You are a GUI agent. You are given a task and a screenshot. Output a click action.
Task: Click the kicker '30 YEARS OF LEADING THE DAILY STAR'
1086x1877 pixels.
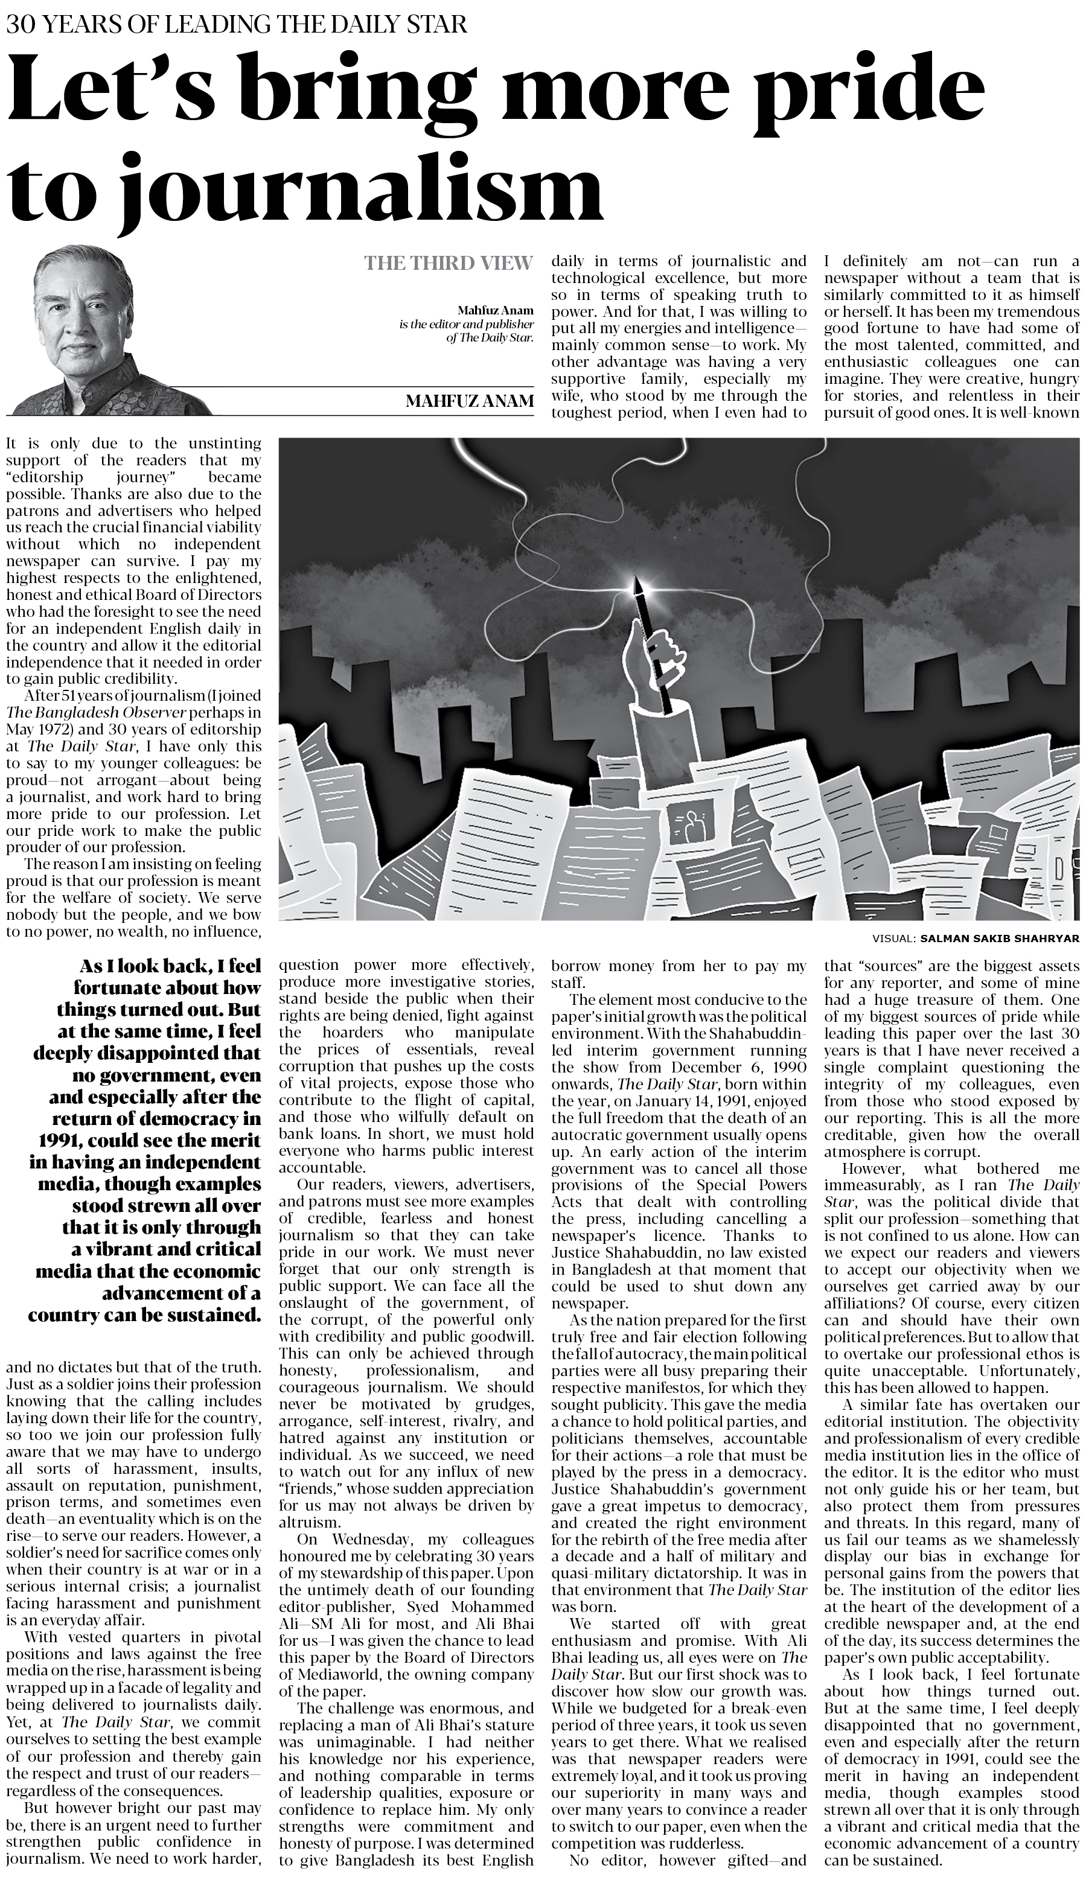(237, 25)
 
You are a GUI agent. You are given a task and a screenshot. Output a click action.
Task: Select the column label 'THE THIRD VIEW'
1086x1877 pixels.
(449, 263)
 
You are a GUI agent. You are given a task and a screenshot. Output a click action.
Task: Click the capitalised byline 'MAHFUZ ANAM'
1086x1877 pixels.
(469, 401)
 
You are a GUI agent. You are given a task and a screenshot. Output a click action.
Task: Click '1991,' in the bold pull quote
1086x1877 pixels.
(60, 1140)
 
